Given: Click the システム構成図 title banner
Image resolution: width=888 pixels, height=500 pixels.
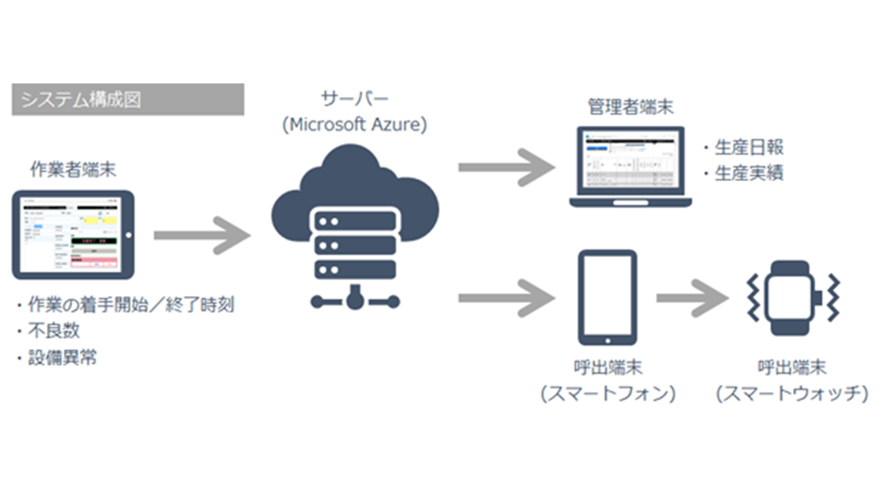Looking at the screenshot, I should click(128, 99).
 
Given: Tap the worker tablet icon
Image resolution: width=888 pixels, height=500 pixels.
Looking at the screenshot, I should click(74, 235).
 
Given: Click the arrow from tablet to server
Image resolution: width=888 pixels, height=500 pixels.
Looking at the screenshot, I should click(201, 236).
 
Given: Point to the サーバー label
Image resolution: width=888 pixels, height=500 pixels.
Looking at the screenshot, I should click(354, 99).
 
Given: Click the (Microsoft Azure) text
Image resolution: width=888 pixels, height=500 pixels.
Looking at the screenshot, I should click(354, 125).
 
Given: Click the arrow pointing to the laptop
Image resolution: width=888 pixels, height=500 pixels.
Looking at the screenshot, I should click(506, 167).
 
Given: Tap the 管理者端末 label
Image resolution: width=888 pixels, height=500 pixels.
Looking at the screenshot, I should click(630, 107).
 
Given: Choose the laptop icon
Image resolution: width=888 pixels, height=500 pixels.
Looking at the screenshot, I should click(630, 167).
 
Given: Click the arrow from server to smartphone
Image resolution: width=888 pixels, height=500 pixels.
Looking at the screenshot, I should click(506, 298).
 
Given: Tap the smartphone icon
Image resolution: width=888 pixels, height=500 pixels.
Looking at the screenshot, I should click(607, 297).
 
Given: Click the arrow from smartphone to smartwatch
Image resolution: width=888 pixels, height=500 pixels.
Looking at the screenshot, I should click(692, 298).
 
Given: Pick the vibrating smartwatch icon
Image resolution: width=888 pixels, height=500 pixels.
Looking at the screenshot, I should click(792, 298).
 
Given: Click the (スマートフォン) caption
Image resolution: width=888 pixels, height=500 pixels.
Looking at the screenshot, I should click(608, 394).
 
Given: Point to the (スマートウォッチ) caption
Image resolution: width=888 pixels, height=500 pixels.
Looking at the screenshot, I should click(792, 394).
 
